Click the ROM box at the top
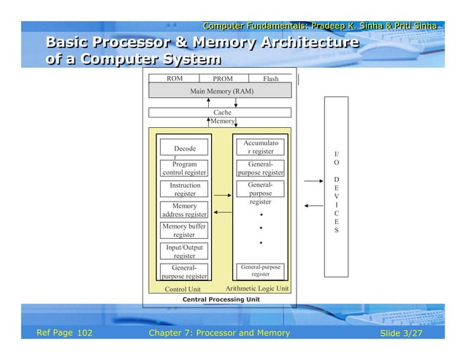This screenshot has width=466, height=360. coord(175,78)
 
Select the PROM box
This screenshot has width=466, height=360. coord(223,78)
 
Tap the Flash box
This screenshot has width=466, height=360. coord(270,78)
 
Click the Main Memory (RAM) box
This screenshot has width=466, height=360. coord(221,91)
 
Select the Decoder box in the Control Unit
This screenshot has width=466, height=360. coord(184,149)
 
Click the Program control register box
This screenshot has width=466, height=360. coord(184,169)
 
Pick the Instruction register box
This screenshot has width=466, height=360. coord(184,190)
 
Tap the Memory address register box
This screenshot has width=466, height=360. coord(184,210)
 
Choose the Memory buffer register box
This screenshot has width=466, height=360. coord(184,231)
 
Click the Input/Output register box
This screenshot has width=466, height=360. coord(184,252)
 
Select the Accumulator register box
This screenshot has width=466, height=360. coord(260,148)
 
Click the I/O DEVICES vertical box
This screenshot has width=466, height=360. coord(336,186)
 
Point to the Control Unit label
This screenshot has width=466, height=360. coord(183,289)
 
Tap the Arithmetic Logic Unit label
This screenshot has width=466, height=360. coord(258,288)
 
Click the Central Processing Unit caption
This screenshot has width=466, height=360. coord(221,299)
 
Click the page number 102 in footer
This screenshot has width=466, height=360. coord(85,334)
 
